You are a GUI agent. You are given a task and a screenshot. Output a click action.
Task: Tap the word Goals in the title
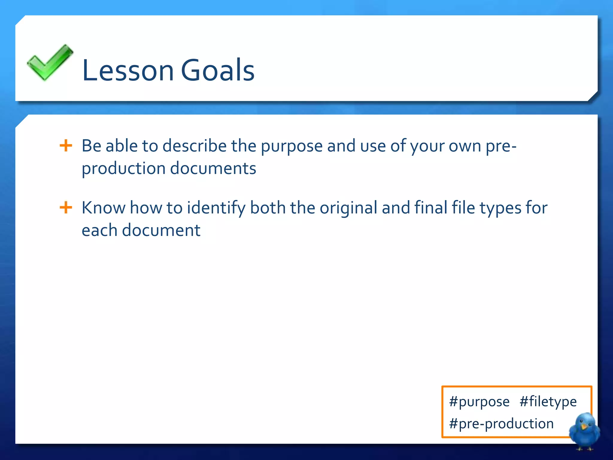(218, 70)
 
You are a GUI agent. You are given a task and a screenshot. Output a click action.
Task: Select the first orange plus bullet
(66, 146)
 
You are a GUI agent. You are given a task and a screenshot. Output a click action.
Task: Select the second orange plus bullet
(66, 208)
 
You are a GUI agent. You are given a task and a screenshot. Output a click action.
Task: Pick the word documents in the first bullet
(213, 168)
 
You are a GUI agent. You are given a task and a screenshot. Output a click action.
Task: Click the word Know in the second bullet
(104, 208)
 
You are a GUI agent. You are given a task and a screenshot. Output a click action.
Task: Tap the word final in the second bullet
(431, 208)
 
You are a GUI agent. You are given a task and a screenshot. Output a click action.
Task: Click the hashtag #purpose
(479, 402)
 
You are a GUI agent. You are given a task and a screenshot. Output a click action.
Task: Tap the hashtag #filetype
(548, 402)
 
